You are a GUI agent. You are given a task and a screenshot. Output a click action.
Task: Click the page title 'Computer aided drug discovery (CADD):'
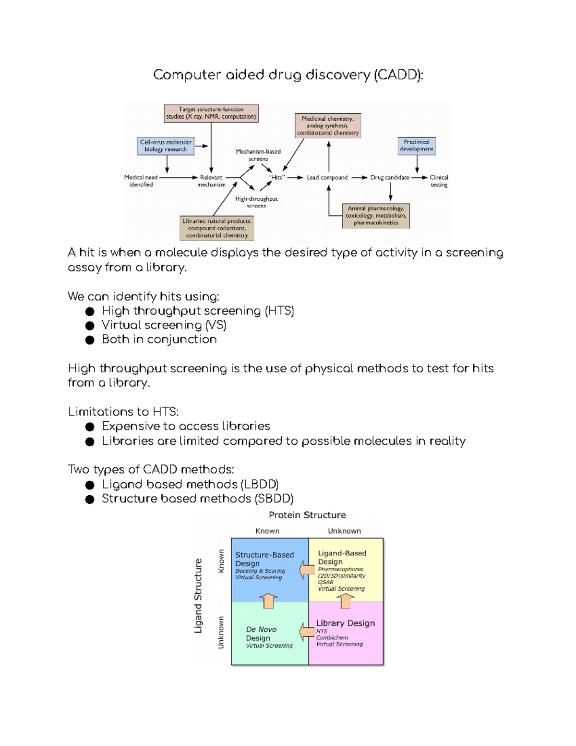coord(288,75)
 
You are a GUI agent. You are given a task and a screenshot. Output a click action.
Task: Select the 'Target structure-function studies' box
coord(211,113)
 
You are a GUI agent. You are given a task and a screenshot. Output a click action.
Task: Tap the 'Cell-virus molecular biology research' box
coord(166,146)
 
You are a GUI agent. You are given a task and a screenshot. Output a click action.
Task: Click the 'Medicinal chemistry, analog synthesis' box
coord(328,125)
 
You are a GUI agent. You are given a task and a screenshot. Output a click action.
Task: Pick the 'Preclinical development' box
coord(417,146)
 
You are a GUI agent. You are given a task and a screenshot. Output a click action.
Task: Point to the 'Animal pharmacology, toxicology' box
coord(376,216)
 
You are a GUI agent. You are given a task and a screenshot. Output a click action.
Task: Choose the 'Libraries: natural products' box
coord(217,228)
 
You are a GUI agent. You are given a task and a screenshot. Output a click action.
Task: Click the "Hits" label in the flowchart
coord(277,177)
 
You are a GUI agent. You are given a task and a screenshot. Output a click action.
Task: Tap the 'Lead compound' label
coord(327,177)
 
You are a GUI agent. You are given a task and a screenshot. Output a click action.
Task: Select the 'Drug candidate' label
coord(390,177)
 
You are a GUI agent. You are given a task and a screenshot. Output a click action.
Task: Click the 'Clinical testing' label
coord(439,181)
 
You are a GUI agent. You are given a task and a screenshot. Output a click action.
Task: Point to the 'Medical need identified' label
coord(141,181)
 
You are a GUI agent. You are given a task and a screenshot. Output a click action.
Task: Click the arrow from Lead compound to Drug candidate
coord(359,177)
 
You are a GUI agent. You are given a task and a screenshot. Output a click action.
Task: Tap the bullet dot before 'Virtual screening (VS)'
coord(90,326)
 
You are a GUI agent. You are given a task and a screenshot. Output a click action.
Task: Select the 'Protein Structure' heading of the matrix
coord(307,515)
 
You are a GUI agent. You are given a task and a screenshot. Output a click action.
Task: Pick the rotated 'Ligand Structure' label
coord(198,596)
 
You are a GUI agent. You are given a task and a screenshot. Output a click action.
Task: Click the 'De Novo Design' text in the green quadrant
coord(261,634)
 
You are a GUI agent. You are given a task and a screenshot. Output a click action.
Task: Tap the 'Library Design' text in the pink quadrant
coord(345,623)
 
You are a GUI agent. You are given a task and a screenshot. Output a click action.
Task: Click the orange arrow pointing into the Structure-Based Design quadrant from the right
coord(304,570)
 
